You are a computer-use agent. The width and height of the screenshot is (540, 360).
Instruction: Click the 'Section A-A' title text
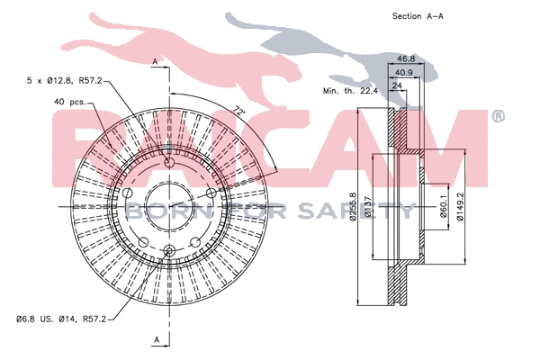tap(418, 16)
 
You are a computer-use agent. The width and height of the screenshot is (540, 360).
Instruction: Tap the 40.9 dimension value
tap(405, 72)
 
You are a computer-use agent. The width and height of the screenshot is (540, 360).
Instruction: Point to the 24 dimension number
tap(395, 87)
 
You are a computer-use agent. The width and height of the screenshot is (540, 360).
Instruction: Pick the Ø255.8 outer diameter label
tap(353, 209)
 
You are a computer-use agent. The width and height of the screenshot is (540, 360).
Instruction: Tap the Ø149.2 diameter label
tap(462, 209)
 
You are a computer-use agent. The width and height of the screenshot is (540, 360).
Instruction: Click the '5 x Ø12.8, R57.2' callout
tap(65, 82)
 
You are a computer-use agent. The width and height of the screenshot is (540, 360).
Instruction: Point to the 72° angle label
tap(238, 112)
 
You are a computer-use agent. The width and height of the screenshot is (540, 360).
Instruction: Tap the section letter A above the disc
tap(156, 60)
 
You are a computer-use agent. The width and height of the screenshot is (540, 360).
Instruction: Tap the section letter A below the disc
tap(156, 339)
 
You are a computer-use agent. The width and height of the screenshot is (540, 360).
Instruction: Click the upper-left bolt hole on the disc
tap(130, 194)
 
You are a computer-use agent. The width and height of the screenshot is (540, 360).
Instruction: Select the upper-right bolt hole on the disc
tap(210, 194)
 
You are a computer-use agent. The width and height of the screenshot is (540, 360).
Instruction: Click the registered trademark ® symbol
tap(498, 116)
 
